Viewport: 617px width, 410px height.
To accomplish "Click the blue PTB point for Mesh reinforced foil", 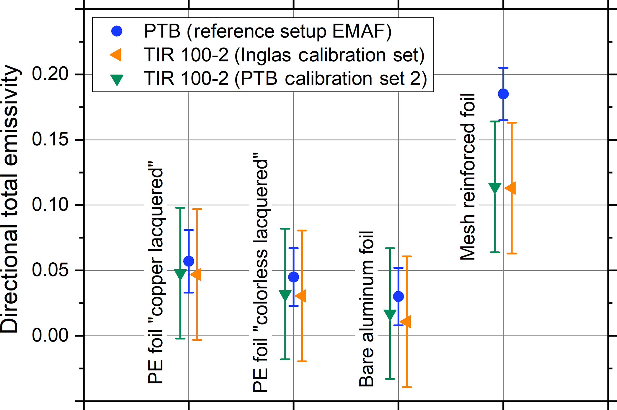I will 503,94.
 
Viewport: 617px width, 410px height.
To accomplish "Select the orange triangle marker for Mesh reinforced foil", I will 510,188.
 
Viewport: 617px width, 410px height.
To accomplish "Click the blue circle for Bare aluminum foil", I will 398,296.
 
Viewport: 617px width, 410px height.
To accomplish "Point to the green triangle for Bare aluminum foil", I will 390,315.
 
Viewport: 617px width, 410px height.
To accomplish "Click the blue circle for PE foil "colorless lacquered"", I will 294,277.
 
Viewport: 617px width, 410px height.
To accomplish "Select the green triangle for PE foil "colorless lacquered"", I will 285,295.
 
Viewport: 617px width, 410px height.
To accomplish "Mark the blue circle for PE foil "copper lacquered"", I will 189,261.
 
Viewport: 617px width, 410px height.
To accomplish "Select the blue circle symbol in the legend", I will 117,31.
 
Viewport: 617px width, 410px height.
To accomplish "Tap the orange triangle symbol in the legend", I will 116,55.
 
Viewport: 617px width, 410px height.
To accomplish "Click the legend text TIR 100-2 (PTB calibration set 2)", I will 285,79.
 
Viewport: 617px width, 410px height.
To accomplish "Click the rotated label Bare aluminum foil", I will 367,309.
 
